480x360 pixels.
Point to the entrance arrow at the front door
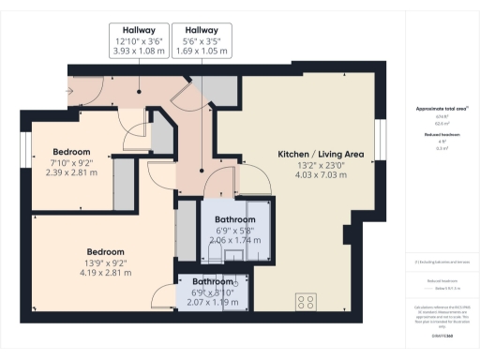pos(69,90)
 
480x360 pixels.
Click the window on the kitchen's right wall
pos(382,135)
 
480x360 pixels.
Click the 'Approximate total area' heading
pos(441,109)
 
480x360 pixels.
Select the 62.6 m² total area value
pos(440,122)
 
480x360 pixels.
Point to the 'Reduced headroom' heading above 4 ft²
pos(440,136)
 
